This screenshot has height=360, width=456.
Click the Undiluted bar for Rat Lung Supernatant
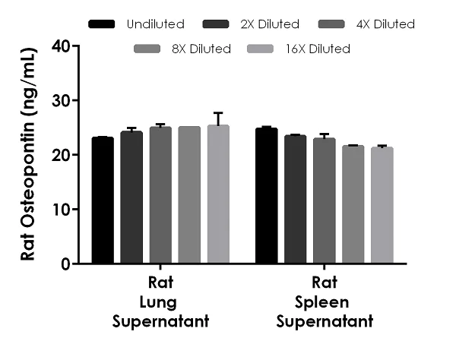[102, 201]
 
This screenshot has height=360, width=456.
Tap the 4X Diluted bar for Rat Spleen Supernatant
[324, 201]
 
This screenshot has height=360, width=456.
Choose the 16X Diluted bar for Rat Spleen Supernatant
[382, 205]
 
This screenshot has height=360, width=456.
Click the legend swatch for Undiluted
[102, 24]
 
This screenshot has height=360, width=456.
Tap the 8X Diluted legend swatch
[147, 49]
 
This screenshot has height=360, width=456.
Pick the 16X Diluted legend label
[318, 49]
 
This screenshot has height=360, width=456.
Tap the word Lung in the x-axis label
[160, 303]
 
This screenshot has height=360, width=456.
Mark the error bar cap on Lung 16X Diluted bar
[218, 112]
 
